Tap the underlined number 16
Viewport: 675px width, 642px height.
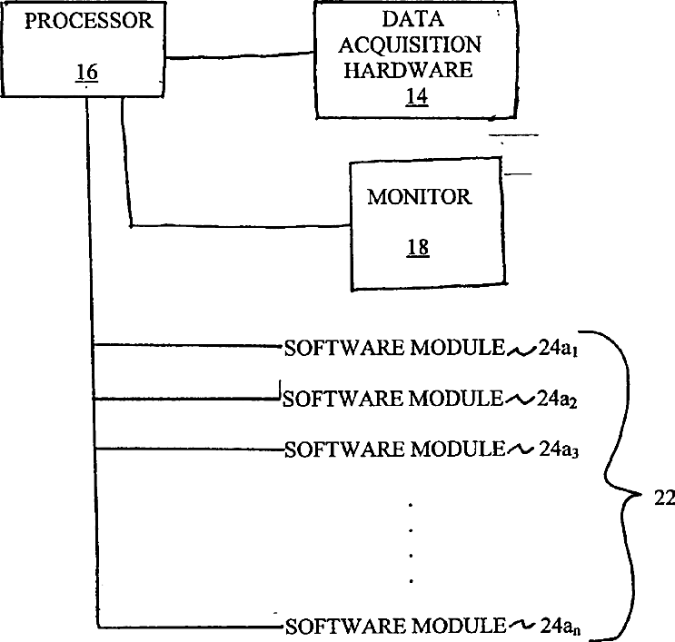click(87, 72)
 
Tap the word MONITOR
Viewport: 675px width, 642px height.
click(419, 197)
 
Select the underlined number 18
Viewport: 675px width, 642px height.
click(418, 247)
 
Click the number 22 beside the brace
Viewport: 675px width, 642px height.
click(654, 497)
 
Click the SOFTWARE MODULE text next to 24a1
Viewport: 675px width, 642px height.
click(393, 347)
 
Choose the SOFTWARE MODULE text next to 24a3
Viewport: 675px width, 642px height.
click(393, 449)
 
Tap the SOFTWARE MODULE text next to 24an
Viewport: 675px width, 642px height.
click(393, 625)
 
